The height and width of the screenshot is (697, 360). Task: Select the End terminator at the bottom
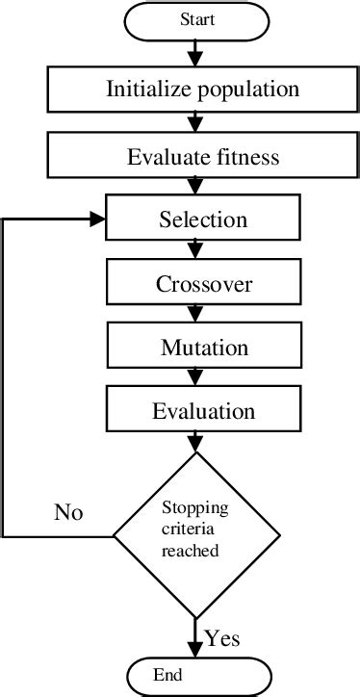pos(196,676)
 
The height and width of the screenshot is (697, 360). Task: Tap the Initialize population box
pos(202,90)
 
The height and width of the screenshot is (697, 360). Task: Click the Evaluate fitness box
pos(202,157)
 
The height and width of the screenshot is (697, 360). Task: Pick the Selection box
pos(202,219)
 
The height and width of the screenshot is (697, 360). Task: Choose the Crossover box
pos(202,284)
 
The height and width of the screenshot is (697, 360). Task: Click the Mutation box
pos(202,347)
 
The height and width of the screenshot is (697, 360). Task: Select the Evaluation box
pos(202,411)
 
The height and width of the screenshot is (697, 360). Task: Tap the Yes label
pos(222,637)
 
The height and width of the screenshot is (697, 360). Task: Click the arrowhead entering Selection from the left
pos(97,219)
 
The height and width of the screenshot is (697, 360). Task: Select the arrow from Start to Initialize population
pos(196,53)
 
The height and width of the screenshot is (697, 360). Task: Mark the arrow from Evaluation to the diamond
pos(196,442)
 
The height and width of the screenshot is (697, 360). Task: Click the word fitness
pos(245,157)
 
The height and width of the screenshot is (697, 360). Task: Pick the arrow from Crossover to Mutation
pos(196,314)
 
